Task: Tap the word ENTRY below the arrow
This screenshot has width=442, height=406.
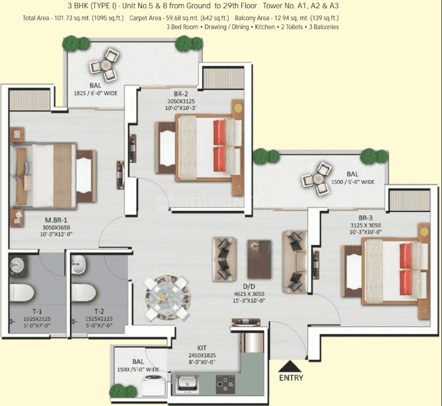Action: pyautogui.click(x=291, y=378)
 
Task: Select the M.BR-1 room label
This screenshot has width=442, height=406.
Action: pyautogui.click(x=56, y=220)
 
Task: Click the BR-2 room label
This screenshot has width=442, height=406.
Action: pyautogui.click(x=181, y=94)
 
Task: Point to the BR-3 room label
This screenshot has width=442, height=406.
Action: pyautogui.click(x=365, y=218)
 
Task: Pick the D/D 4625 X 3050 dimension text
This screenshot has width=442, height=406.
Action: pyautogui.click(x=249, y=294)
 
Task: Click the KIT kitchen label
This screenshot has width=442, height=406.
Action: pyautogui.click(x=202, y=348)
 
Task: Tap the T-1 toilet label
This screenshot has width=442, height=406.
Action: pyautogui.click(x=37, y=311)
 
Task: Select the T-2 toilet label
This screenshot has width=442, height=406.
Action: pyautogui.click(x=99, y=311)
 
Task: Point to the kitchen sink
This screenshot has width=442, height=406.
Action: pyautogui.click(x=184, y=383)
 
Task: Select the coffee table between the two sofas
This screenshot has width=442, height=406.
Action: pyautogui.click(x=259, y=259)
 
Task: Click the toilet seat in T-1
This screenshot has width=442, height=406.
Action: pyautogui.click(x=21, y=292)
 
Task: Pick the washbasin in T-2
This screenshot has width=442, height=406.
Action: pyautogui.click(x=78, y=265)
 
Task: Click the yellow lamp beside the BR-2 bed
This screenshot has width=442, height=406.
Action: pyautogui.click(x=239, y=108)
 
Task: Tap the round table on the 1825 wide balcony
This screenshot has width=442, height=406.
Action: pyautogui.click(x=105, y=65)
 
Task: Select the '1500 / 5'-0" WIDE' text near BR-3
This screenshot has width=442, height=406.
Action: pyautogui.click(x=353, y=182)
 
